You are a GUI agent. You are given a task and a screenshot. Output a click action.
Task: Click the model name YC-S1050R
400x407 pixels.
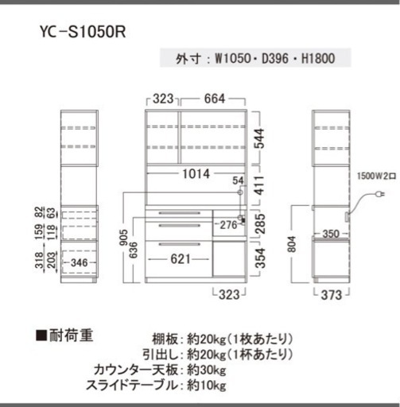tap(83, 32)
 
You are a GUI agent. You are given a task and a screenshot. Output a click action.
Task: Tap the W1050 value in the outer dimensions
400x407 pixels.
tap(233, 58)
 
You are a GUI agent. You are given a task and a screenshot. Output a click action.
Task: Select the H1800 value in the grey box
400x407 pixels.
tap(318, 58)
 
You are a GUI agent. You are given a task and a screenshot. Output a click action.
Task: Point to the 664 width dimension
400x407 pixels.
tap(215, 99)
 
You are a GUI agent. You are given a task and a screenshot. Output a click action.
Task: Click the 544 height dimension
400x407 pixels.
tap(260, 138)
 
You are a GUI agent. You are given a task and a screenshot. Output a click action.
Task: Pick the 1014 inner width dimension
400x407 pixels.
tap(196, 174)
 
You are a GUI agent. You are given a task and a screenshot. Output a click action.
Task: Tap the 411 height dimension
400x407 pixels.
tap(260, 185)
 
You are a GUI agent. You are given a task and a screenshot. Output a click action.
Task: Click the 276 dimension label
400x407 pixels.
tap(229, 225)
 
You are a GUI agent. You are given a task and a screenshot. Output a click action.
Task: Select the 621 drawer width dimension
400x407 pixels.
tap(181, 259)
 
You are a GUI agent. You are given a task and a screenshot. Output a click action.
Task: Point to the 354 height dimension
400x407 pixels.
tap(260, 258)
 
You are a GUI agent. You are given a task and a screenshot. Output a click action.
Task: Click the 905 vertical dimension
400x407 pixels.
tap(124, 238)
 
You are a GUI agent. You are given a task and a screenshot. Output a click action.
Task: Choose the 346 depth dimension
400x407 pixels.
tap(80, 262)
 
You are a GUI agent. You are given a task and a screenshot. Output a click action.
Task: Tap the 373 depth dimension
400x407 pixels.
tap(332, 295)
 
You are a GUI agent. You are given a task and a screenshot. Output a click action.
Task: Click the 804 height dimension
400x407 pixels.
tap(292, 244)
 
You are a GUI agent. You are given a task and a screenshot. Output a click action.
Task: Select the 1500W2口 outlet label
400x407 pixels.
tap(376, 176)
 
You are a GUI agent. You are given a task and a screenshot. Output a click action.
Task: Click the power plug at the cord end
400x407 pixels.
tap(380, 194)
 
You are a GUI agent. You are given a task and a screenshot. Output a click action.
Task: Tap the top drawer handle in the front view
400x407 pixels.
tap(180, 213)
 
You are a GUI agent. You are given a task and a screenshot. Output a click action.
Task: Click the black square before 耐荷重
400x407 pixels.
tap(41, 335)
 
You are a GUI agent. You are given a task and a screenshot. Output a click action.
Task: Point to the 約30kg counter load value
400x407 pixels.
tap(207, 370)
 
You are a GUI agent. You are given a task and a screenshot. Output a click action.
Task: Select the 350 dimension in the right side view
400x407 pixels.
tap(331, 234)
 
